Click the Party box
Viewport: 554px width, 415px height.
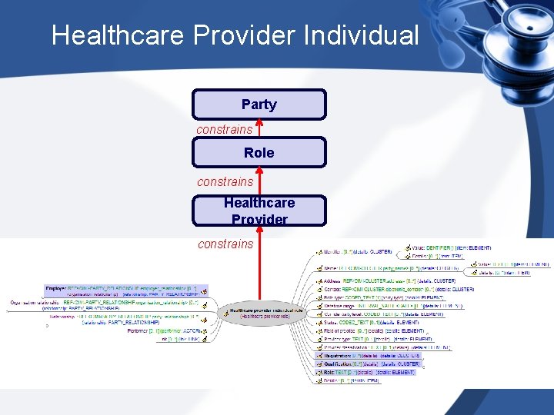pyautogui.click(x=259, y=105)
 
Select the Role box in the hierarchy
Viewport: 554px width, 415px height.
pyautogui.click(x=259, y=152)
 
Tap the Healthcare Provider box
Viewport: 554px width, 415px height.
pyautogui.click(x=259, y=211)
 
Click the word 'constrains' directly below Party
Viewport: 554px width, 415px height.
pyautogui.click(x=224, y=129)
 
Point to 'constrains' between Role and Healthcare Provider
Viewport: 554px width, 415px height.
pyautogui.click(x=225, y=181)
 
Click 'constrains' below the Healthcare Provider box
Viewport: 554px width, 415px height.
pyautogui.click(x=225, y=244)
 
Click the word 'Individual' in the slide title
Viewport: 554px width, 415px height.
pyautogui.click(x=362, y=35)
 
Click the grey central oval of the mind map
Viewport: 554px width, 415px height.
pyautogui.click(x=262, y=312)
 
